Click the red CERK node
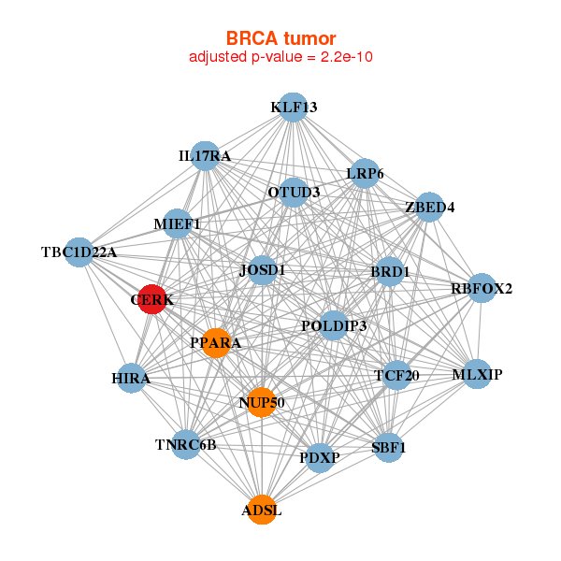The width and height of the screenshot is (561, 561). [x=152, y=299]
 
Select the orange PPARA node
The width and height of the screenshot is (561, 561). [x=216, y=343]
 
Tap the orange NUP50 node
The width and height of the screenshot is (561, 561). [x=262, y=402]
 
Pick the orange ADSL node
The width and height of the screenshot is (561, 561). [x=262, y=510]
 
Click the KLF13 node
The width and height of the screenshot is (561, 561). [x=293, y=108]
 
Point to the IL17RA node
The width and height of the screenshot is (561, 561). [x=205, y=156]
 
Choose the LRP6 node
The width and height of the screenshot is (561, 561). [x=365, y=174]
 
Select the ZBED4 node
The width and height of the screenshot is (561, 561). [x=429, y=207]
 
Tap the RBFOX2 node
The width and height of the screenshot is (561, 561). [x=482, y=288]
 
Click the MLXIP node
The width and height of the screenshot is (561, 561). [x=477, y=374]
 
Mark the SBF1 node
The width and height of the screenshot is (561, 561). [x=389, y=447]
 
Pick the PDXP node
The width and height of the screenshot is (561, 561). [x=320, y=457]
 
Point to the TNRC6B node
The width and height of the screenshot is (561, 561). [x=186, y=445]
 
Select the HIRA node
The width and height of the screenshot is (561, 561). [x=131, y=378]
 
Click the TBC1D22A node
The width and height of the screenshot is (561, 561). [x=79, y=252]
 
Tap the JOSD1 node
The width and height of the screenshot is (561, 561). [x=262, y=270]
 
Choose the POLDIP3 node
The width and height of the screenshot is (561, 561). [x=334, y=325]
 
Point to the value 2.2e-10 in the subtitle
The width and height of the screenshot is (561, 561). [x=347, y=56]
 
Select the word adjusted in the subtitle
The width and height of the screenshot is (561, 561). [x=218, y=57]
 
